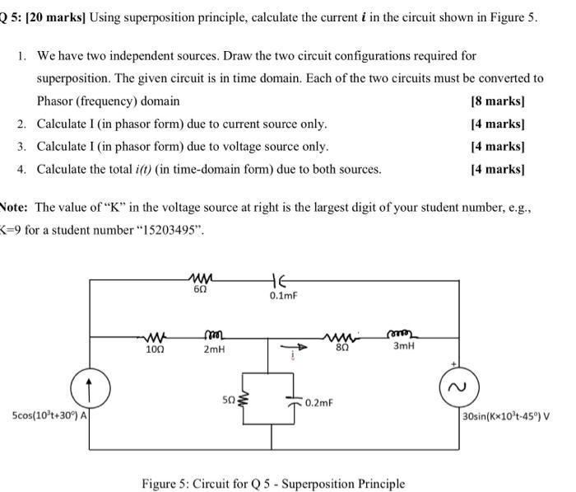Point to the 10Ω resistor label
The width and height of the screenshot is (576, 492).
(154, 349)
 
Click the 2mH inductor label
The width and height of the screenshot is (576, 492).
(212, 349)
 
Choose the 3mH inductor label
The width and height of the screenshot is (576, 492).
(403, 347)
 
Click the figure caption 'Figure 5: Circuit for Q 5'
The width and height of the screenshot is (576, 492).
(272, 483)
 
